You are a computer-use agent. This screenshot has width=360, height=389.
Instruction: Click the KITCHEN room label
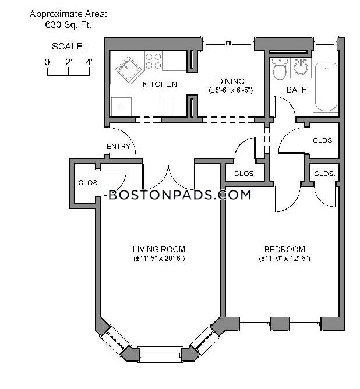point(160,84)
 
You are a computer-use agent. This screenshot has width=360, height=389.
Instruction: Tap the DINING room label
point(231,82)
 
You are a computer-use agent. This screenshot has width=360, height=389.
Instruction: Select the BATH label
point(297,90)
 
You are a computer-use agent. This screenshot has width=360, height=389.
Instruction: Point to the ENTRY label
point(118,147)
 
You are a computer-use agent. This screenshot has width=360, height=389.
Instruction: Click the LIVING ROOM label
point(158,249)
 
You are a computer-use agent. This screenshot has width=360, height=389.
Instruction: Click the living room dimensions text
point(158,258)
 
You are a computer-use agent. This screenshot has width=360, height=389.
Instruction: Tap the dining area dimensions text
point(231,90)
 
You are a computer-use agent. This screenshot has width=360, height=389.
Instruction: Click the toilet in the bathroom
point(280,70)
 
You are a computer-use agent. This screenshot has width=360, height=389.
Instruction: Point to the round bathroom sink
point(301,68)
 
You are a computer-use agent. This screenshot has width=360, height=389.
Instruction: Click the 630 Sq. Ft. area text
point(69,24)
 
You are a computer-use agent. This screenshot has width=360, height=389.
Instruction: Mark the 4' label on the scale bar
point(89,61)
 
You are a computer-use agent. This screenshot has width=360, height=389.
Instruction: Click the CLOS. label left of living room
point(89,183)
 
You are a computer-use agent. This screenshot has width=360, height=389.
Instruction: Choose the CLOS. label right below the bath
point(323,141)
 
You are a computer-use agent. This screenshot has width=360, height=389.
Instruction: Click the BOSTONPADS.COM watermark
point(180,194)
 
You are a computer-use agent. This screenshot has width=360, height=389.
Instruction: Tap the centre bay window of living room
point(159,351)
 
